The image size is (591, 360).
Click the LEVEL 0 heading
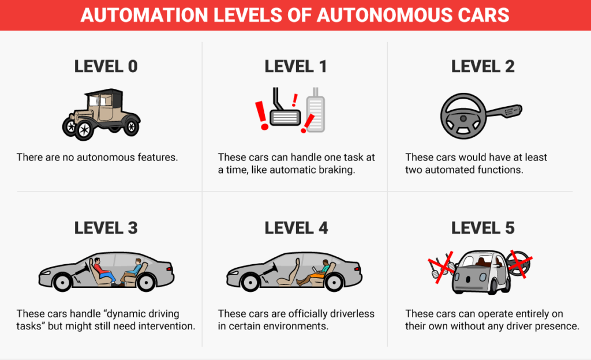106,66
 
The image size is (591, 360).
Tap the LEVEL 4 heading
295,227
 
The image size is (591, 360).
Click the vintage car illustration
102,113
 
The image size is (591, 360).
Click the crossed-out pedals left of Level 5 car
439,267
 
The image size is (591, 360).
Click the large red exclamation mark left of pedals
263,115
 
